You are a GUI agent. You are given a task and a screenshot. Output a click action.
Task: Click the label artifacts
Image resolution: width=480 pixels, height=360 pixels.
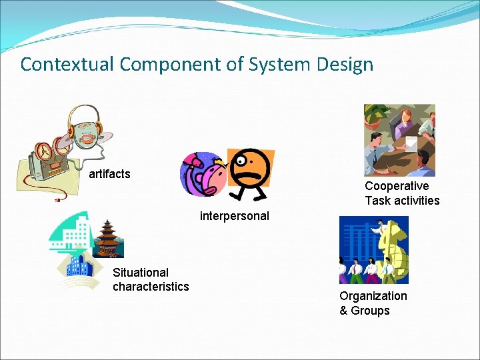[x=109, y=174]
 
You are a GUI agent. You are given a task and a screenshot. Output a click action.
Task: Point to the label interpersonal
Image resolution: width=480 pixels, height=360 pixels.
[x=234, y=215]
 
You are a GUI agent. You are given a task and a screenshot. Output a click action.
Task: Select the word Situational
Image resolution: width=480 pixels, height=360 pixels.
[x=141, y=272]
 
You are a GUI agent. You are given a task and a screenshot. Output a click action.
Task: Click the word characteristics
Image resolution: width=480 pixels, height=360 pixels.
[x=151, y=287]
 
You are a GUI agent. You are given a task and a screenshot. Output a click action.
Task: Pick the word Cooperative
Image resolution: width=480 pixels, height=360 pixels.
[x=397, y=186]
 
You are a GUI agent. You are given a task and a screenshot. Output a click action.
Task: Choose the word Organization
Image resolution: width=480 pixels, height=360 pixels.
[x=373, y=296]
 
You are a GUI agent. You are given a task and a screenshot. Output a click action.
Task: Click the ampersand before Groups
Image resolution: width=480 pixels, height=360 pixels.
[x=343, y=311]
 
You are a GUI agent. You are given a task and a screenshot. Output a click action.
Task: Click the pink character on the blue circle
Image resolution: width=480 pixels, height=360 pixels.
[x=203, y=175]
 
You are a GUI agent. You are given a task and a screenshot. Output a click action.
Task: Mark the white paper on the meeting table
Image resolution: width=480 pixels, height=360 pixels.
[x=411, y=143]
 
